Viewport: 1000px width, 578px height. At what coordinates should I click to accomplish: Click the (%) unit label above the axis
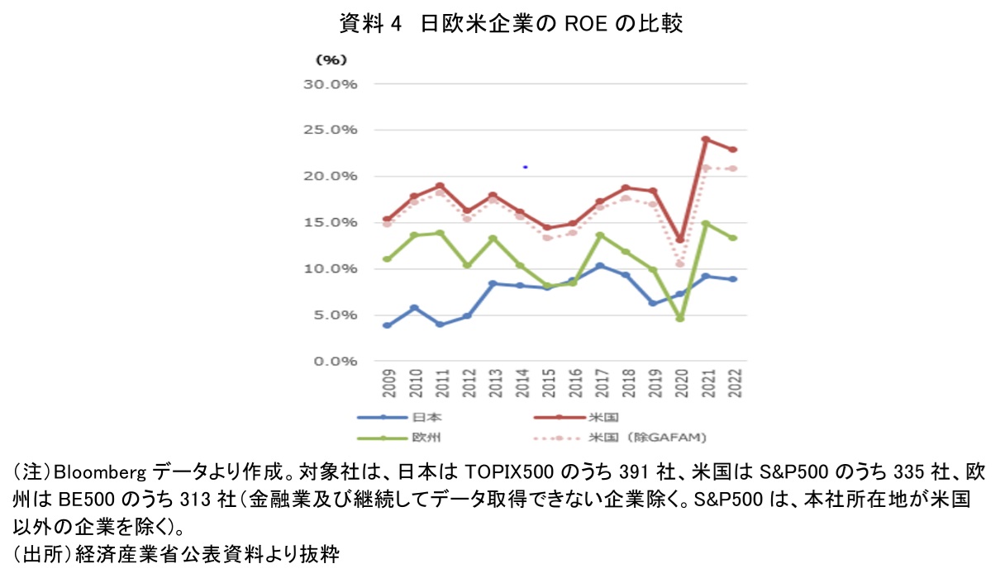click(331, 59)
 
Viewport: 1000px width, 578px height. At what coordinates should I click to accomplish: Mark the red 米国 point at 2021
click(705, 140)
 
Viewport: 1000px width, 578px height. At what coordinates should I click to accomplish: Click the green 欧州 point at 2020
click(679, 318)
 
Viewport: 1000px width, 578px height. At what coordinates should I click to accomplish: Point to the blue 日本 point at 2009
click(387, 325)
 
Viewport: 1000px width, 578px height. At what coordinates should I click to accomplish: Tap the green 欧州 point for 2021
click(705, 224)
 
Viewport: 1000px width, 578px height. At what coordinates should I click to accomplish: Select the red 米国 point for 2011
click(440, 186)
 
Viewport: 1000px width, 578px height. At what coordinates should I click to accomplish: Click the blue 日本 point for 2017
click(600, 266)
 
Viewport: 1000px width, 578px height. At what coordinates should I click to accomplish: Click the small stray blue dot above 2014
click(526, 167)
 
